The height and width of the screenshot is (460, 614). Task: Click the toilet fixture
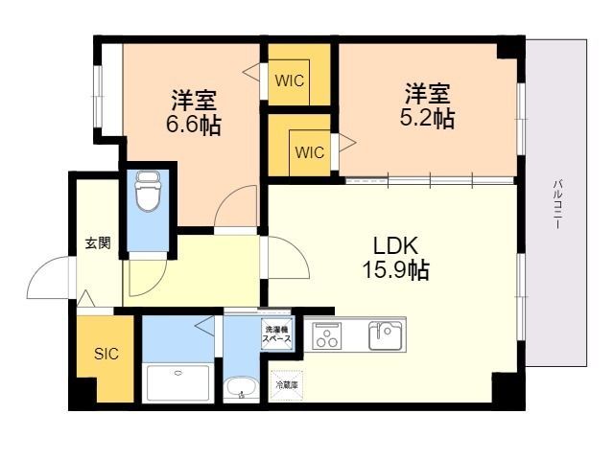click(x=147, y=195)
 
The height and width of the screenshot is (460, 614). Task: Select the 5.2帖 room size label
click(x=427, y=118)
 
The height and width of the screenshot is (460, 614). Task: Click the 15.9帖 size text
click(x=394, y=270)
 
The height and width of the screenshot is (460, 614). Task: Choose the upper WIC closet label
click(x=290, y=80)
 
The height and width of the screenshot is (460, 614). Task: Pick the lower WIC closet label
click(x=309, y=152)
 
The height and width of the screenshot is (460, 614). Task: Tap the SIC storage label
click(x=106, y=354)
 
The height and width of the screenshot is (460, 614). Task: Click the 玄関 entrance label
click(x=97, y=243)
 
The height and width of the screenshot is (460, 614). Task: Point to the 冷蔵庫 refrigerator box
click(x=287, y=384)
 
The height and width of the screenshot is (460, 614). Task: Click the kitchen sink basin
click(x=386, y=334)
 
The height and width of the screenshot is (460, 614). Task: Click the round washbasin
click(x=239, y=389)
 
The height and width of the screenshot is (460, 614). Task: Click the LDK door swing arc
click(x=285, y=255)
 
